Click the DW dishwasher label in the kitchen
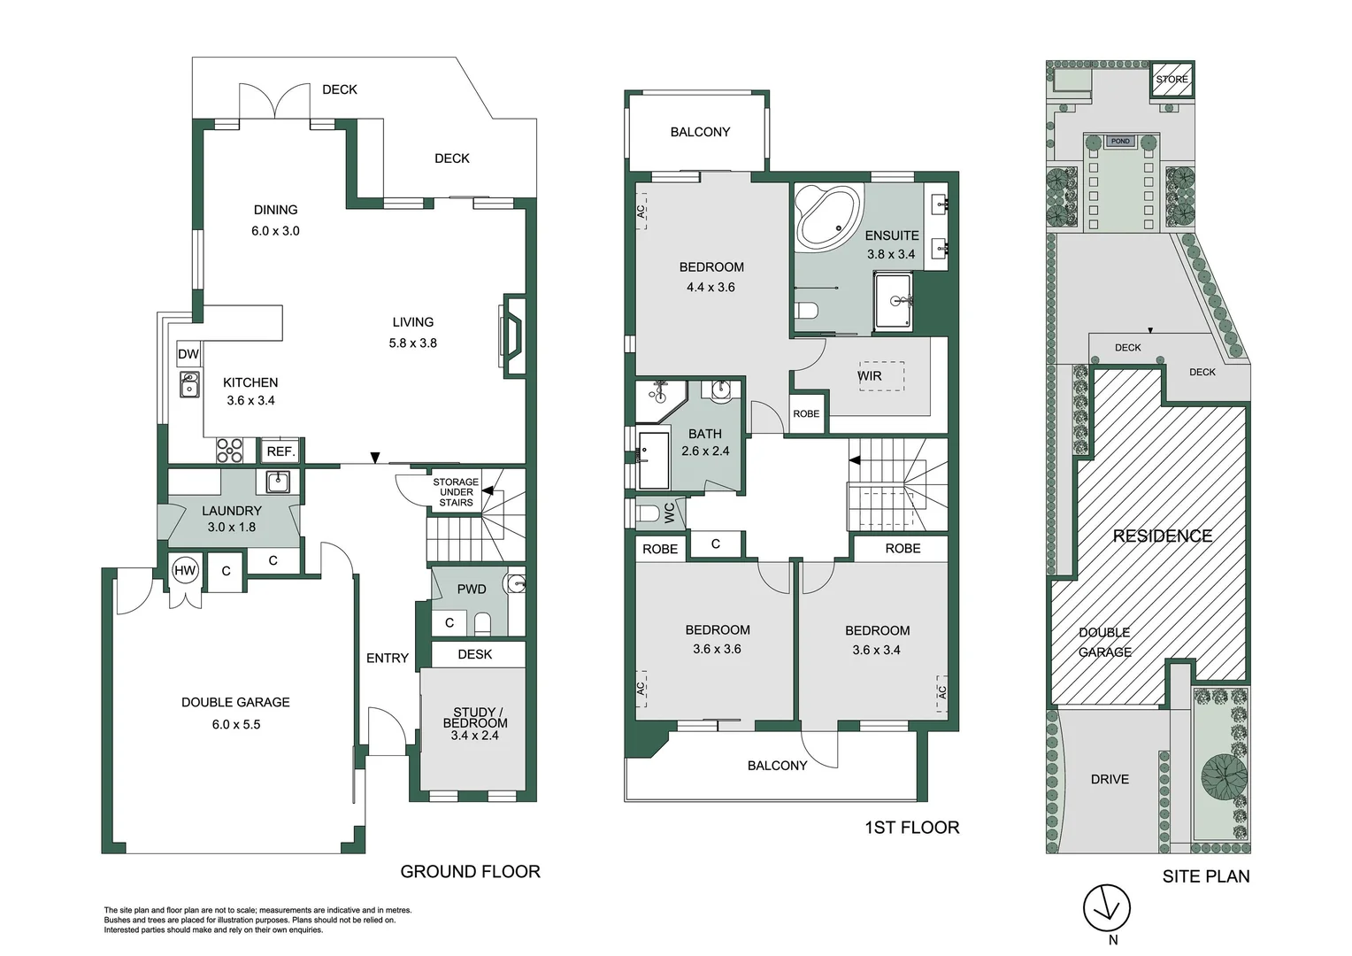pyautogui.click(x=188, y=354)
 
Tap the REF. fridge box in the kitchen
pyautogui.click(x=280, y=451)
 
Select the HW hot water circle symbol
pyautogui.click(x=185, y=570)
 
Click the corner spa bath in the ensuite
pyautogui.click(x=828, y=217)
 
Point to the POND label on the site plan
pyautogui.click(x=1120, y=141)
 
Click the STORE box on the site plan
pyautogui.click(x=1172, y=80)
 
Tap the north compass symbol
pyautogui.click(x=1107, y=909)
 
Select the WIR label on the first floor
pyautogui.click(x=869, y=376)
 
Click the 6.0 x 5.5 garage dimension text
pyautogui.click(x=235, y=724)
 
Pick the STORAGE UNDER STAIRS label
pyautogui.click(x=456, y=492)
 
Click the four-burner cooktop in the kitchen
pyautogui.click(x=230, y=451)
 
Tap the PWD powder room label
pyautogui.click(x=472, y=589)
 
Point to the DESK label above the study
pyautogui.click(x=475, y=654)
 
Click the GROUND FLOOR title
pyautogui.click(x=470, y=871)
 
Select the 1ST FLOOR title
pyautogui.click(x=911, y=827)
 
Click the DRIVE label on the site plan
pyautogui.click(x=1110, y=779)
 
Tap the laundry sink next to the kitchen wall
pyautogui.click(x=278, y=481)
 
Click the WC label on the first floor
pyautogui.click(x=669, y=513)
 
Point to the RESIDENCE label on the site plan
pyautogui.click(x=1162, y=536)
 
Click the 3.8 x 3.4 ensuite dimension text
pyautogui.click(x=891, y=254)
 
